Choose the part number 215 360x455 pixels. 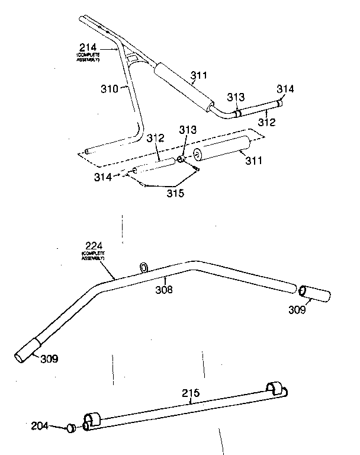click(x=192, y=392)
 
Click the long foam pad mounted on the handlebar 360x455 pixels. click(x=183, y=86)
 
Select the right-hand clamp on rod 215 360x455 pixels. click(x=275, y=389)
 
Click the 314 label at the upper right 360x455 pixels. click(x=285, y=89)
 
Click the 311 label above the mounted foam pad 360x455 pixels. click(x=201, y=76)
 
